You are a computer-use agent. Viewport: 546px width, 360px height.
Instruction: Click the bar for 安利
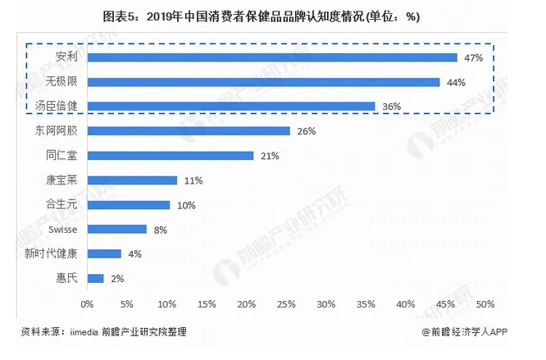(271, 57)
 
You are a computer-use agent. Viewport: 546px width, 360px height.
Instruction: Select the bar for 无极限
(263, 82)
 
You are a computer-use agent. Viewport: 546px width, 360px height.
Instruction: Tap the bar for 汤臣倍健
(230, 106)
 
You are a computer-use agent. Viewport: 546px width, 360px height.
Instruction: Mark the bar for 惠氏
(95, 279)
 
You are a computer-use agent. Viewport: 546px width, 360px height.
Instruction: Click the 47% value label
(473, 57)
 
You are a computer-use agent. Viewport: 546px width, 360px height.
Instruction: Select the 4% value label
(134, 254)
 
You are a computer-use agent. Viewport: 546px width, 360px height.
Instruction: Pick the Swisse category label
(62, 230)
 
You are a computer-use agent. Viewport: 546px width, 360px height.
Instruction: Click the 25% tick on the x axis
(286, 304)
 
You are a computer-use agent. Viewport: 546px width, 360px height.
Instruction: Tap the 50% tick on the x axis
(485, 304)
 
